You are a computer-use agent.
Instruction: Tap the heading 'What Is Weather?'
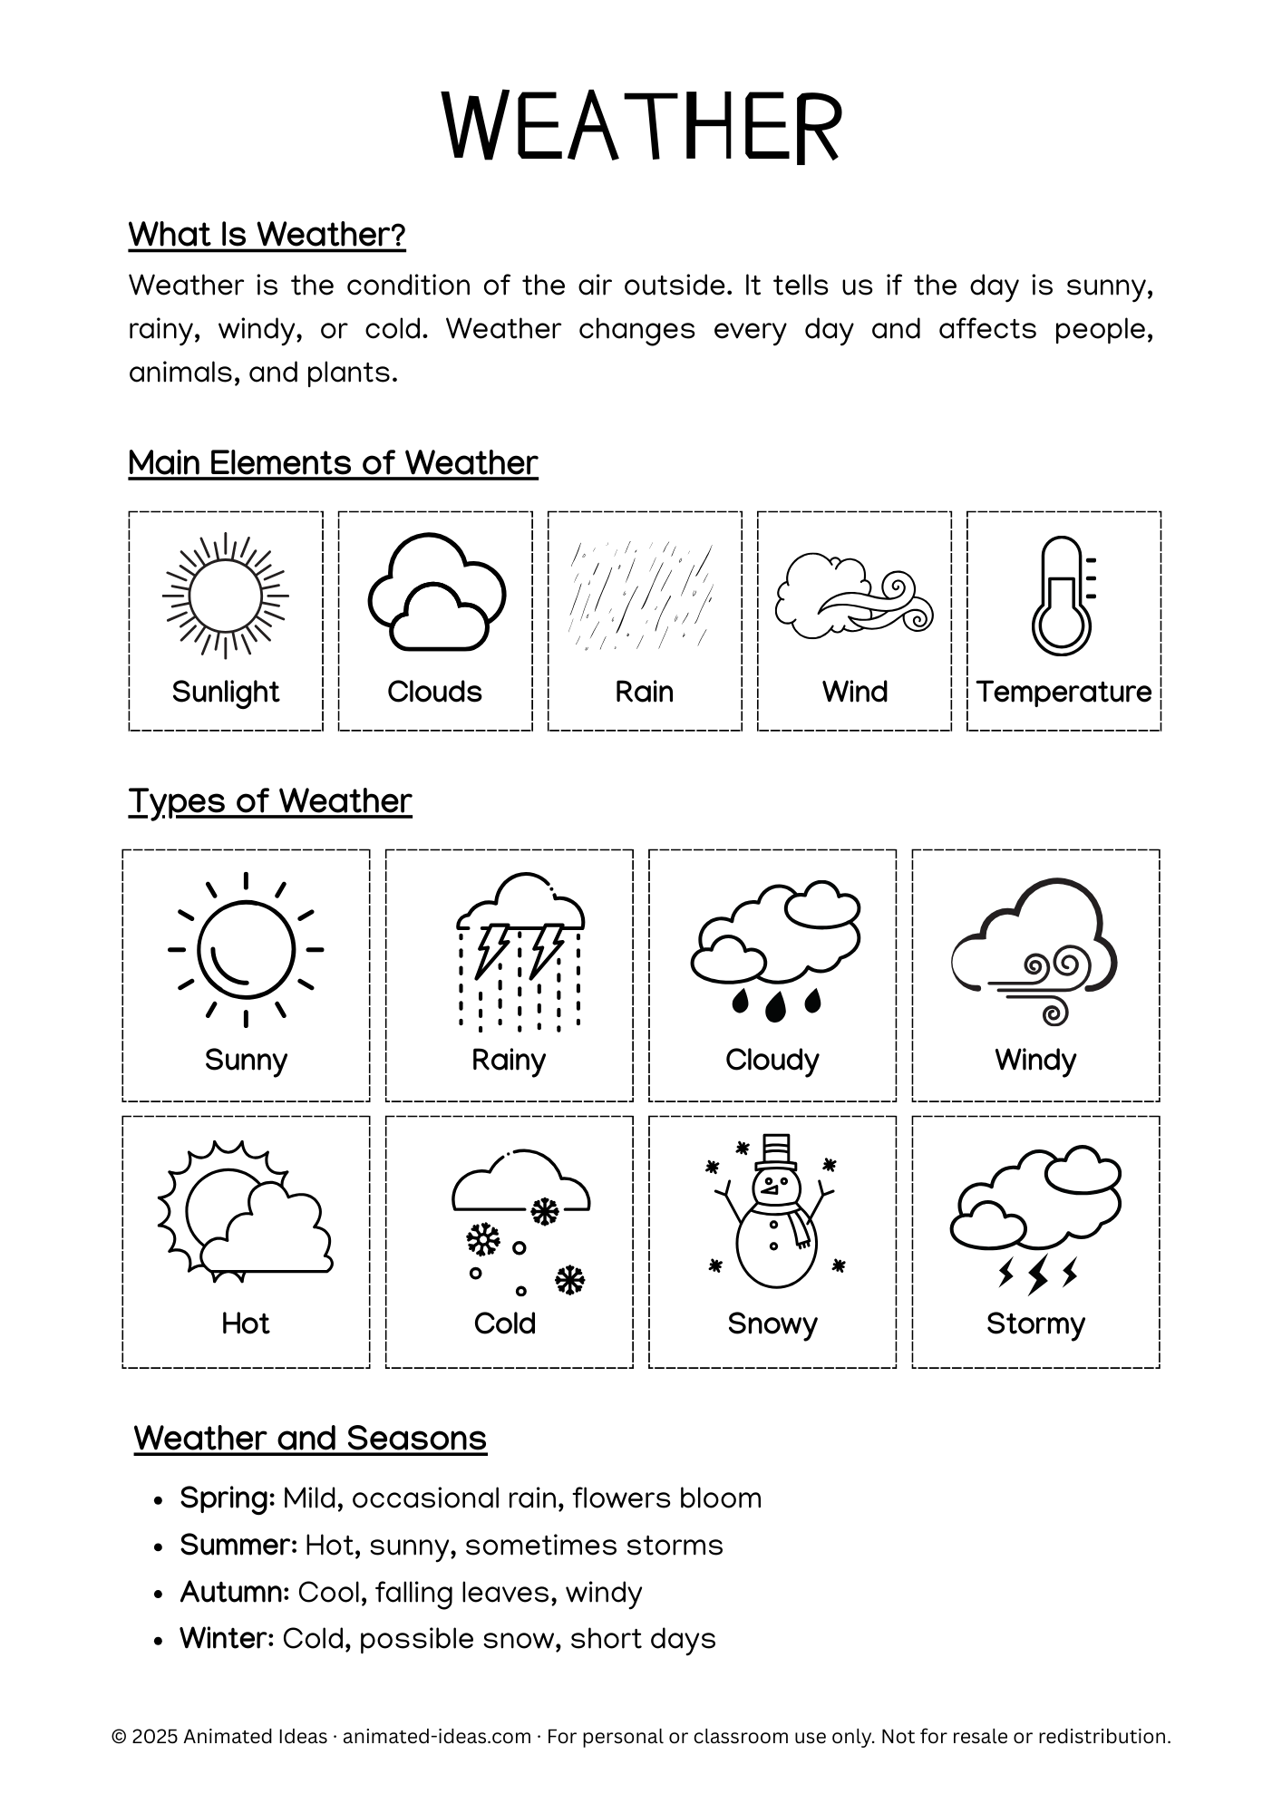point(267,235)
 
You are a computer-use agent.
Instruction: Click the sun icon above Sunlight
point(226,596)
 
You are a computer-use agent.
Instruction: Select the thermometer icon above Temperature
point(1062,596)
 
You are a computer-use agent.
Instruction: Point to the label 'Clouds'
point(434,692)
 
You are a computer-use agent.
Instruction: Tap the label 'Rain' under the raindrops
point(644,692)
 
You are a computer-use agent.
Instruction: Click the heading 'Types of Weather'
point(270,801)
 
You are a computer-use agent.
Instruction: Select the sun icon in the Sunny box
point(246,950)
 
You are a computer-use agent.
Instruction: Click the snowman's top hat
point(777,1151)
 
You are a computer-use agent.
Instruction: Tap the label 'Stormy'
point(1035,1323)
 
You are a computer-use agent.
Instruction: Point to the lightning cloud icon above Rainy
point(520,951)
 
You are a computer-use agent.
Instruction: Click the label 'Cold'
point(505,1323)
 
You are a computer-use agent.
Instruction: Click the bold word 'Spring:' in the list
point(228,1498)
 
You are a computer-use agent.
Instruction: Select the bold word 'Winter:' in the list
point(227,1639)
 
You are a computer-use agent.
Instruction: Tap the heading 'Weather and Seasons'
point(310,1439)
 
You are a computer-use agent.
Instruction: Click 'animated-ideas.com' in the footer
point(437,1737)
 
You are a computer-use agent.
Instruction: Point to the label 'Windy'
point(1035,1060)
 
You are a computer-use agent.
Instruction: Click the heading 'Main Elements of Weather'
point(333,463)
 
